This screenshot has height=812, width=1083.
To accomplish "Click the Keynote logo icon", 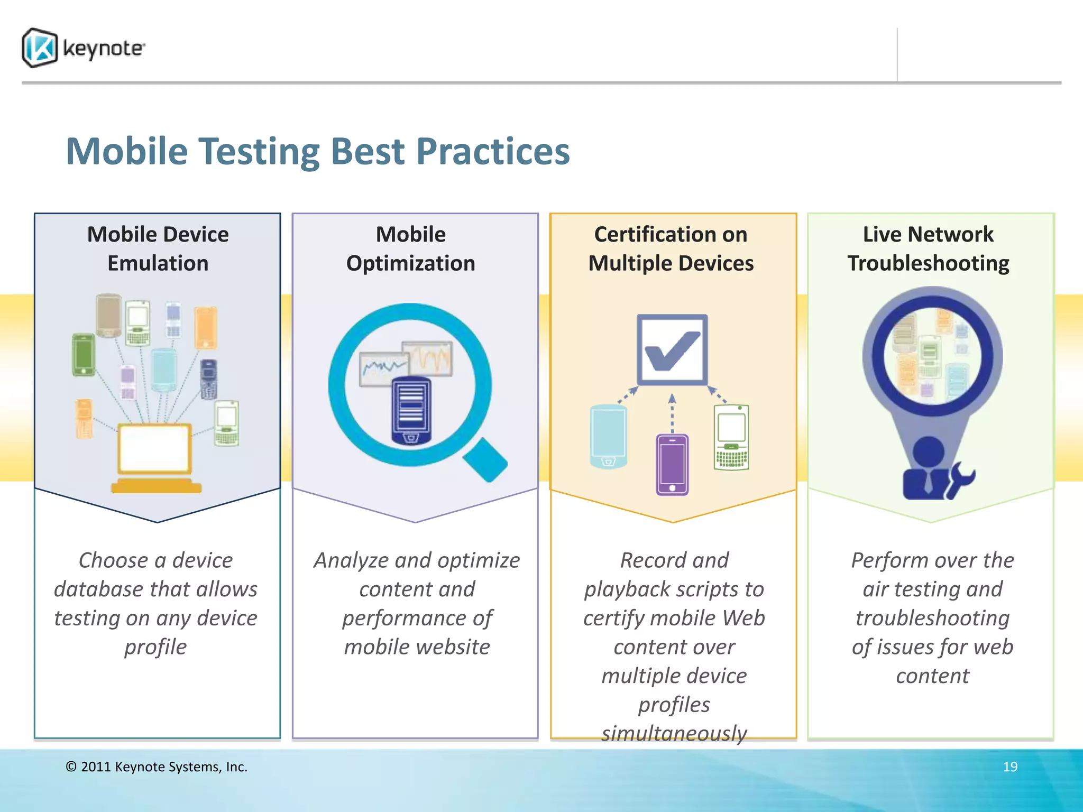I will (40, 48).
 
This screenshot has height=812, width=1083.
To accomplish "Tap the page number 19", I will (1009, 767).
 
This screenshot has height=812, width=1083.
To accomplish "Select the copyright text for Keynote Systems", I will (157, 767).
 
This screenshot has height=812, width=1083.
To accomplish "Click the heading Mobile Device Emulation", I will (158, 248).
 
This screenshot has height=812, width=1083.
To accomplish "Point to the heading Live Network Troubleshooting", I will (928, 248).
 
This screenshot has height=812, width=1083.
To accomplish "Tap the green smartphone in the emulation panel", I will (84, 355).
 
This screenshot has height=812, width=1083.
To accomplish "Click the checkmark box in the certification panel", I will (672, 350).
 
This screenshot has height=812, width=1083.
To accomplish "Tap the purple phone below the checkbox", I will (672, 464).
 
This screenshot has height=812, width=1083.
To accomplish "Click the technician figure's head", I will (929, 452).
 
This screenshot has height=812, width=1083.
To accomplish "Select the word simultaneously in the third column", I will (674, 733).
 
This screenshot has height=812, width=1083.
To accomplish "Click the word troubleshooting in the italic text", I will (932, 618).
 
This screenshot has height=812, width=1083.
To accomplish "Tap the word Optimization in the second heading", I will (410, 263).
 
